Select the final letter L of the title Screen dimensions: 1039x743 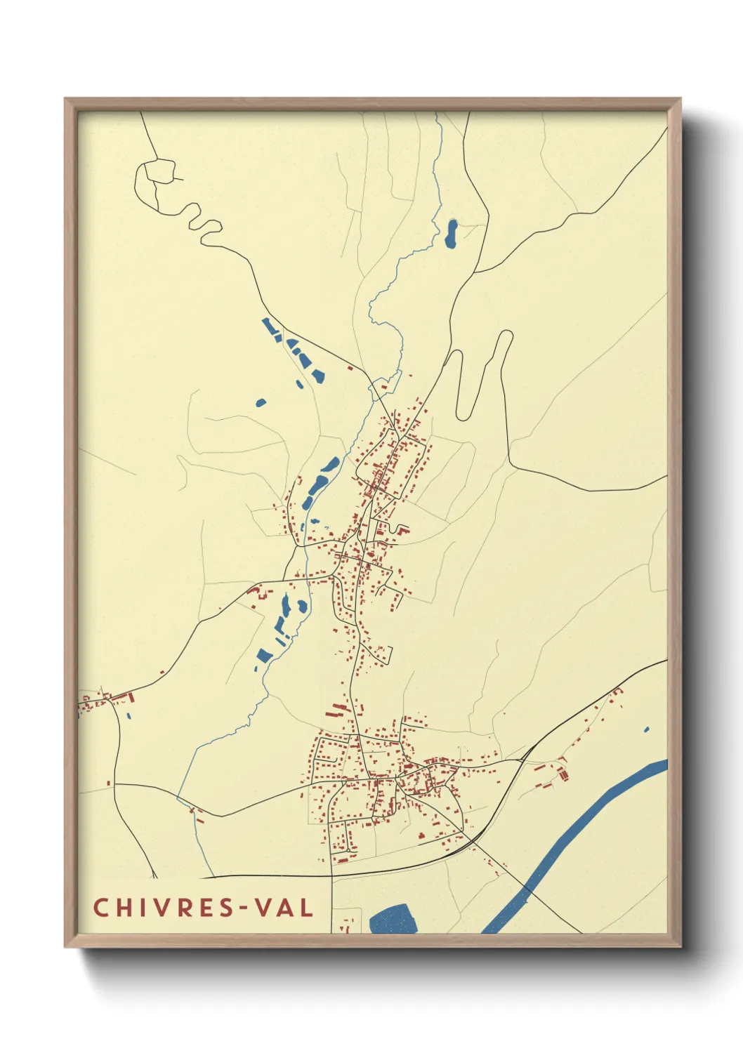(x=306, y=908)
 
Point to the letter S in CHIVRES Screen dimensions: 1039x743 (x=222, y=908)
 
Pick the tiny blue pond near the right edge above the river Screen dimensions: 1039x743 (x=646, y=730)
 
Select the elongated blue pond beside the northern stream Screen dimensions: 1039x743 (x=452, y=234)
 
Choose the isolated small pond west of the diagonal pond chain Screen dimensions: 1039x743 (x=261, y=403)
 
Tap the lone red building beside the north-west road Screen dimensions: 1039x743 (x=350, y=367)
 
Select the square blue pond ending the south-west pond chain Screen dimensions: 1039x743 (x=265, y=656)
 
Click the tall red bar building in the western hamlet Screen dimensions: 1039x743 (x=131, y=696)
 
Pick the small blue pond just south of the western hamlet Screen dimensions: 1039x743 (x=129, y=716)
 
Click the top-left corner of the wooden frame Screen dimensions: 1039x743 (x=66, y=100)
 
